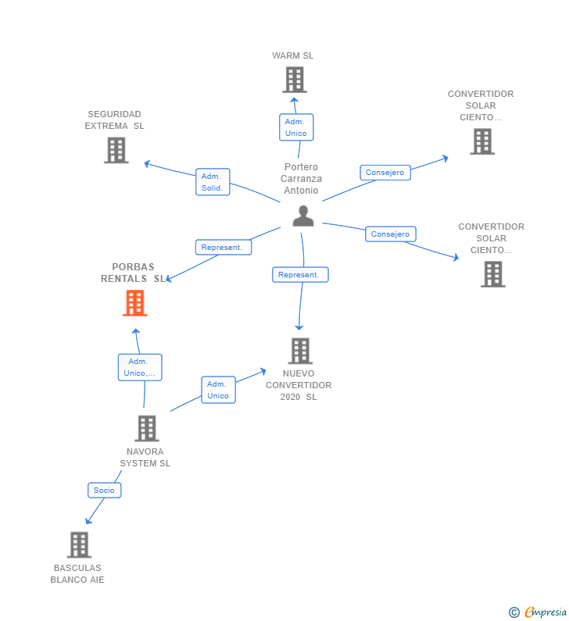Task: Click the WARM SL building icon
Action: pos(295,80)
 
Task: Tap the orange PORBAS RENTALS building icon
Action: pos(135,303)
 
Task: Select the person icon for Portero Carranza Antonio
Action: pos(302,216)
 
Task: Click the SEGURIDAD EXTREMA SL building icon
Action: pos(116,150)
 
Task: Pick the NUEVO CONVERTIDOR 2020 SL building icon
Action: pos(300,352)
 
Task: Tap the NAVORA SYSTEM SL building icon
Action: pos(146,428)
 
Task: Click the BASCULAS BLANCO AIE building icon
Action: pos(78,544)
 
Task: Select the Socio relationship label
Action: pos(104,491)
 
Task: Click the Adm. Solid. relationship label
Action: pos(212,182)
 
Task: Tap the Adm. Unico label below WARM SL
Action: pos(296,127)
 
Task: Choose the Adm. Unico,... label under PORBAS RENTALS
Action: pos(140,367)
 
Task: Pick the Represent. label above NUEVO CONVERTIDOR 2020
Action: pos(300,275)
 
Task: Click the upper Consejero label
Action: pos(385,173)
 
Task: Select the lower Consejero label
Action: pos(390,234)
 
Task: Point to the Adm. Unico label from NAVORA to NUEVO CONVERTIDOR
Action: pos(218,390)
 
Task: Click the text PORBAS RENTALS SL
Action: pos(133,273)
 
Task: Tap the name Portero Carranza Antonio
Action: pos(302,179)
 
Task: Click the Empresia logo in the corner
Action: pos(538,612)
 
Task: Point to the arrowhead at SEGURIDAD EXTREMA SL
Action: pos(146,163)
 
